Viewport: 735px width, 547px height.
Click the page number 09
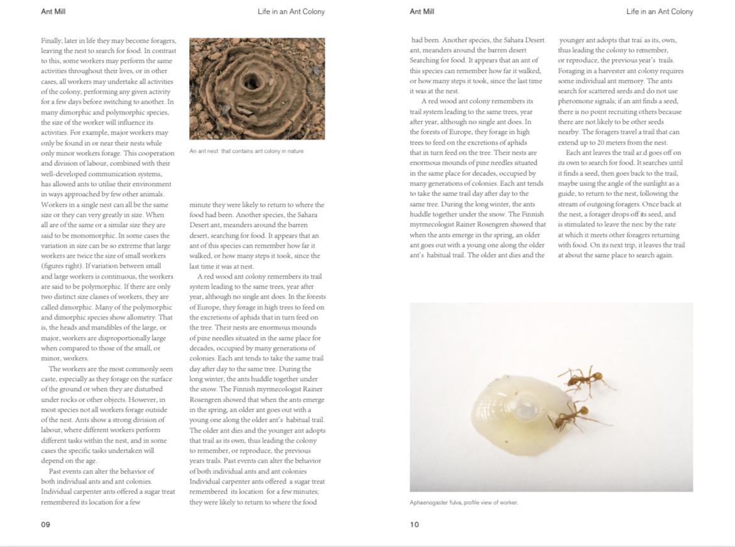pos(45,524)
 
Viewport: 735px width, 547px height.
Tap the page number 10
pos(414,524)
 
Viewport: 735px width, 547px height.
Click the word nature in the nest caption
pos(295,151)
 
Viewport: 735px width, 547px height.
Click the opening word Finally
pos(52,40)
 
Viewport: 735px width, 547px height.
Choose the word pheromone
pos(575,101)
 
